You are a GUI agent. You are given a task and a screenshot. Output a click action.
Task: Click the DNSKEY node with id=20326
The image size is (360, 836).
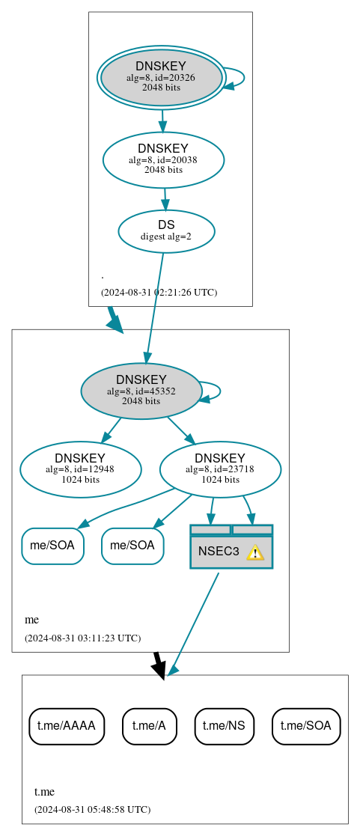(161, 78)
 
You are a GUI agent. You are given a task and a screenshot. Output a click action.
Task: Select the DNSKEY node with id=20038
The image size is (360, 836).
(163, 159)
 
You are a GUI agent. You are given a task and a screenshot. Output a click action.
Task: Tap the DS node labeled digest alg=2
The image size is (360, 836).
(166, 231)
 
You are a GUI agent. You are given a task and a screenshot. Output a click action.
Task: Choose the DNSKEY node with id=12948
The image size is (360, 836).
(80, 469)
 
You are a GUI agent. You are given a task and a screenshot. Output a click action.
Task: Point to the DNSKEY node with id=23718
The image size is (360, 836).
(220, 469)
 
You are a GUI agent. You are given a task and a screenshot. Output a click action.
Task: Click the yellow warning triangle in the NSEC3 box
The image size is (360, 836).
(255, 552)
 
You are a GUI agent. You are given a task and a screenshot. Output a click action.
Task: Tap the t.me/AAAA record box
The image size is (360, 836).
(67, 725)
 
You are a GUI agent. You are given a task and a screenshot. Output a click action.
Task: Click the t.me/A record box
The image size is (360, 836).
(149, 725)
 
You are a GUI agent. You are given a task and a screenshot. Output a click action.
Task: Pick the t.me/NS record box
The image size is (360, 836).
(225, 725)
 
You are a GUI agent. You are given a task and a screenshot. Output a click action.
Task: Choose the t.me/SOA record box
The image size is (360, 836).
(306, 725)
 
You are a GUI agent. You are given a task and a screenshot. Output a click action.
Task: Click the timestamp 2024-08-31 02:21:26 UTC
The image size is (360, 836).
(159, 292)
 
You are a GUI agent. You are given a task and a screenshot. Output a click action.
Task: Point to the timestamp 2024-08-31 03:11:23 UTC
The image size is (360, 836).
(82, 638)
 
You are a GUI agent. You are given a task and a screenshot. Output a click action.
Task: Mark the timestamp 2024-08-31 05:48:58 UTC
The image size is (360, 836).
(92, 809)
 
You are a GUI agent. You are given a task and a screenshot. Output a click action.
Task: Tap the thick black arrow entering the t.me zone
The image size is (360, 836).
(158, 665)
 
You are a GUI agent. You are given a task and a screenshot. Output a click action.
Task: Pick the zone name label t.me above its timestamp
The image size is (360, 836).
(44, 791)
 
